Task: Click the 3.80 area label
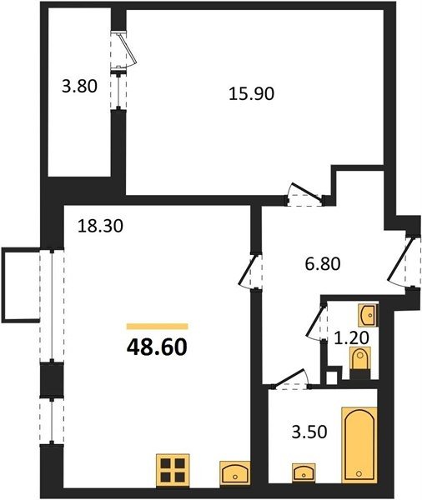click(79, 86)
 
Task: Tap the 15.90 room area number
click(252, 94)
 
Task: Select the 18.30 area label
click(101, 227)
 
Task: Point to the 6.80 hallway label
click(323, 264)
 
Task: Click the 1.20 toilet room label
click(351, 337)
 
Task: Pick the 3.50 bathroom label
click(309, 432)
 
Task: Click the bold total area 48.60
click(157, 347)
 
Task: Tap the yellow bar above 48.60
click(157, 326)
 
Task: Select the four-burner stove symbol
click(173, 470)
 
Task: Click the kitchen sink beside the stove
click(235, 473)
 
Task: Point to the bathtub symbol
click(359, 444)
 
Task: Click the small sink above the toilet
click(368, 315)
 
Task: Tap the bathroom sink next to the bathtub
click(304, 472)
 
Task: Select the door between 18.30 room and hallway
click(250, 271)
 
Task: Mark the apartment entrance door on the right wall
click(404, 262)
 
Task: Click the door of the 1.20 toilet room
click(317, 322)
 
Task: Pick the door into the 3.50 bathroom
click(290, 379)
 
